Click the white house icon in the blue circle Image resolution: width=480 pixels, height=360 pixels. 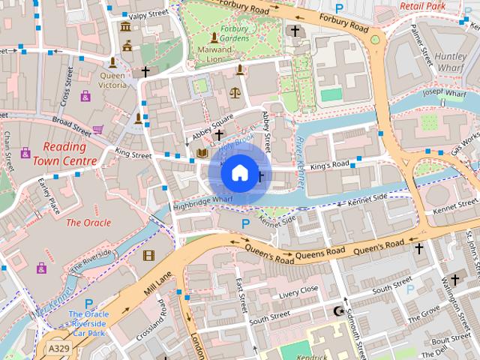tap(238, 173)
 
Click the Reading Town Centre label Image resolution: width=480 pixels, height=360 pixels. tap(70, 154)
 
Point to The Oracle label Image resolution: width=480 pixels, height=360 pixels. tap(88, 223)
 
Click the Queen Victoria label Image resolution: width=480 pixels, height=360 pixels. tap(112, 79)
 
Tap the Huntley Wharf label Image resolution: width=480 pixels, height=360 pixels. tap(451, 61)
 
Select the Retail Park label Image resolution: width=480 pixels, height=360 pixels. tap(443, 6)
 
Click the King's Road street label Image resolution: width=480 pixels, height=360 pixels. tap(330, 164)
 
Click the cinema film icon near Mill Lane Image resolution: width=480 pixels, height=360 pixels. tap(148, 256)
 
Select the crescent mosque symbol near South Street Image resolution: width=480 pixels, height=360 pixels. tap(337, 310)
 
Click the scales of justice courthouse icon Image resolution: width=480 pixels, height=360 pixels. tap(235, 93)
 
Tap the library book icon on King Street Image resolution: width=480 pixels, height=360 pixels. tap(201, 153)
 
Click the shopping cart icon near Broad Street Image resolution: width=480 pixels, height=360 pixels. tap(97, 129)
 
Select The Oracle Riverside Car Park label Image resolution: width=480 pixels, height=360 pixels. tap(88, 323)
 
